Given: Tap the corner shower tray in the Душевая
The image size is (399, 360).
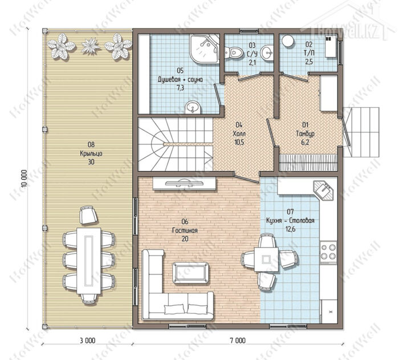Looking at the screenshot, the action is (204, 48).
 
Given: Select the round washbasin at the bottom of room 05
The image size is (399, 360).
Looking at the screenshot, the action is (193, 107).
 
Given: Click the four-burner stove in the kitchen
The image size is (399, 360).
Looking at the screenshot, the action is (328, 252).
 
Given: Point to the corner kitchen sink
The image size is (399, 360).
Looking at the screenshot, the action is (323, 190).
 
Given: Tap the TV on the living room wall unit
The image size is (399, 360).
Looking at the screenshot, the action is (184, 183).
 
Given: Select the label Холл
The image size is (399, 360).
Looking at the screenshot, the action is (239, 134).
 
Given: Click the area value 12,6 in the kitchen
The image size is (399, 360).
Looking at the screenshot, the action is (290, 229).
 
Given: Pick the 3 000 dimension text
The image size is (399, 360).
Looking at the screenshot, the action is (87, 341).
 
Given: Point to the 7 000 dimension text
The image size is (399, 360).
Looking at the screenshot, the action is (238, 341).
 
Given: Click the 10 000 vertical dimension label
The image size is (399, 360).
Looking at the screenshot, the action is (24, 179).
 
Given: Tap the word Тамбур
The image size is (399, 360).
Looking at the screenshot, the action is (305, 134).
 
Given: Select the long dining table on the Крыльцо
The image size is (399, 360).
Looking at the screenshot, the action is (89, 260).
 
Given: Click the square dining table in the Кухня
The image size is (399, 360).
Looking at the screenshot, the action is (266, 260).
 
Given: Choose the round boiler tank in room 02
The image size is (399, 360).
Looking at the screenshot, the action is (287, 41).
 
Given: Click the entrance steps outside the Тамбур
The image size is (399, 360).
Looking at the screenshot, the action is (361, 132).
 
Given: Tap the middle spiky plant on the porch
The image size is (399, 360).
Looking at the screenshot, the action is (90, 45).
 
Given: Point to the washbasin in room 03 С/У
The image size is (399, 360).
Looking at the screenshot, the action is (267, 52).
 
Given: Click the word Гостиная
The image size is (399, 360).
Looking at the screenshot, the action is (185, 230).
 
